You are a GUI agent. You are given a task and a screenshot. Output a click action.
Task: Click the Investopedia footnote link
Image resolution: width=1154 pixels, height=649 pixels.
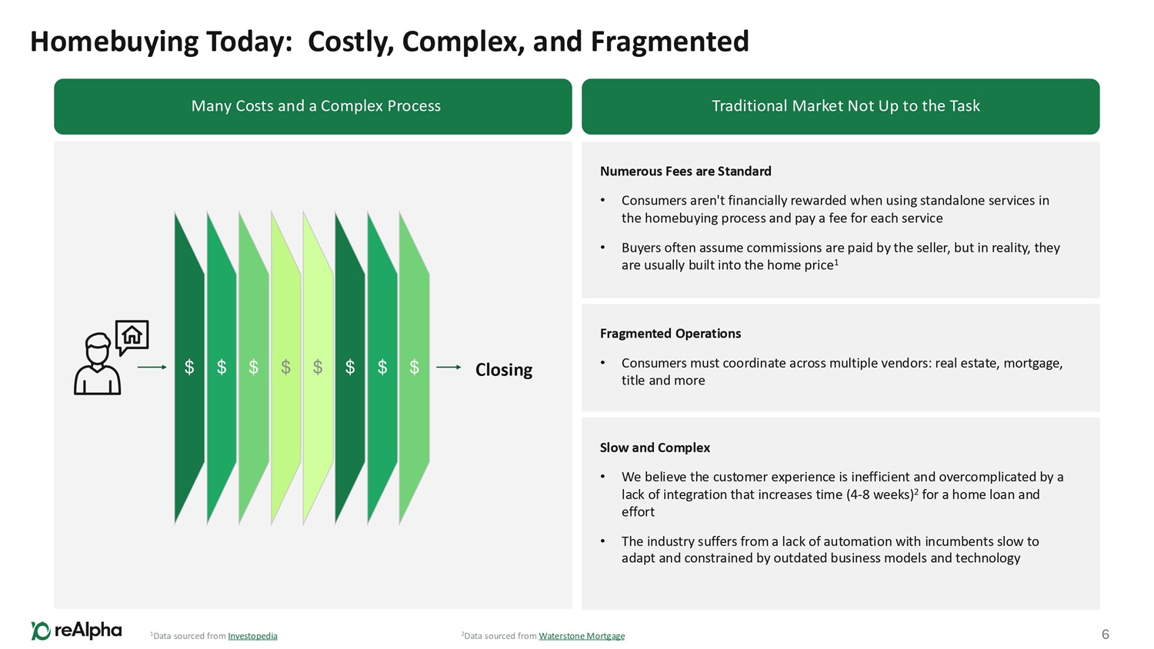click(252, 636)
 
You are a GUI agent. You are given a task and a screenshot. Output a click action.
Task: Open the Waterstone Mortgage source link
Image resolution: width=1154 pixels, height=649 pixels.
click(582, 636)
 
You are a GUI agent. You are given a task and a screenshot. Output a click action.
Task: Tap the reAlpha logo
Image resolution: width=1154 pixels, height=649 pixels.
click(76, 631)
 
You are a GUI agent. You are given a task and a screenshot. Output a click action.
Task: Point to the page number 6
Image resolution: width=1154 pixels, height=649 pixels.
click(1106, 634)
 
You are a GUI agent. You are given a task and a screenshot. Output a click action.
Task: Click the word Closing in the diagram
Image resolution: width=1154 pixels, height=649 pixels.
click(504, 370)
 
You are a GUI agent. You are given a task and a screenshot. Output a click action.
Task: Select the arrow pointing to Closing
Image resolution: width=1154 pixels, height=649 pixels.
click(449, 368)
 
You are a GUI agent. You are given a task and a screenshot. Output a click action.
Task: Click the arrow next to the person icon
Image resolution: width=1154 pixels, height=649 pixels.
click(152, 368)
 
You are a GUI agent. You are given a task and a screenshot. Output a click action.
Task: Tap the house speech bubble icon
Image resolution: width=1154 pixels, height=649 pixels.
click(132, 336)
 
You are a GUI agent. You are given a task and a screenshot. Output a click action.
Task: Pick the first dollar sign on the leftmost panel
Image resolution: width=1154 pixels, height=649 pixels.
click(189, 368)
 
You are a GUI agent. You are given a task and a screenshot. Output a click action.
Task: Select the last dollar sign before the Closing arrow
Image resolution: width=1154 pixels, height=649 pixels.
click(414, 368)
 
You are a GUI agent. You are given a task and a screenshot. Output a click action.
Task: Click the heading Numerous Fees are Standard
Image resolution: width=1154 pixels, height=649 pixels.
click(685, 171)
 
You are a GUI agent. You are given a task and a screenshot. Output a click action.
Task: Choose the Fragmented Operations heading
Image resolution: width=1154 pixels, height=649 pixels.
click(670, 334)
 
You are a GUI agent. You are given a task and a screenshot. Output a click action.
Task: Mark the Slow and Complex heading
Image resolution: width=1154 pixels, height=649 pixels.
click(655, 448)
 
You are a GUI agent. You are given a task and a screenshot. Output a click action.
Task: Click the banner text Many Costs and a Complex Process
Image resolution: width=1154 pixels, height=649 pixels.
click(315, 106)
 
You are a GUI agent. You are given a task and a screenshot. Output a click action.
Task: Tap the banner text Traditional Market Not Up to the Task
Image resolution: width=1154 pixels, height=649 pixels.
click(845, 106)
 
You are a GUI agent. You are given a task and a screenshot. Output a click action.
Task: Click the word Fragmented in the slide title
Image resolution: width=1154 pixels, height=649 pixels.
click(669, 42)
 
